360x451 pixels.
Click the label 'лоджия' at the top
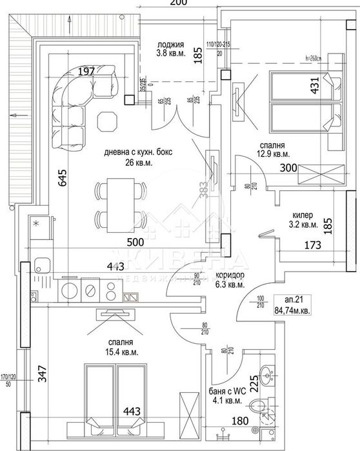(x=170, y=45)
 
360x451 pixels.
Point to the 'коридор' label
(x=230, y=274)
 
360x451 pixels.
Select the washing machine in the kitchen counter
(x=68, y=290)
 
